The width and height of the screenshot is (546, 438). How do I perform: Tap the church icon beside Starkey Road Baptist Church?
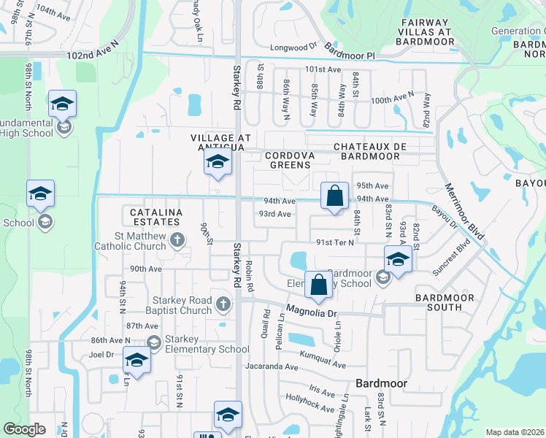pyautogui.click(x=223, y=302)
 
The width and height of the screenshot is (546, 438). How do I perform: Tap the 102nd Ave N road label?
pyautogui.click(x=92, y=55)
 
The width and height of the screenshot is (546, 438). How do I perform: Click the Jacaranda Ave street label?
pyautogui.click(x=272, y=366)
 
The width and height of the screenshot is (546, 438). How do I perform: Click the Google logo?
pyautogui.click(x=24, y=429)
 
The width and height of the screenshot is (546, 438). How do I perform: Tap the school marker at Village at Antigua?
pyautogui.click(x=218, y=163)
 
